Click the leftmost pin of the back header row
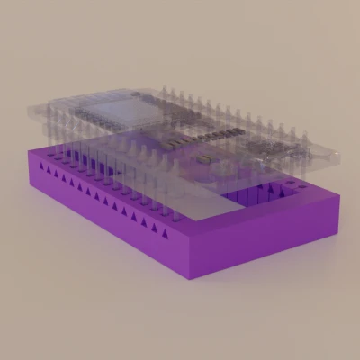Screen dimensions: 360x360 click(165, 93)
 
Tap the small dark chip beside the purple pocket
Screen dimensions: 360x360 click(207, 157)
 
